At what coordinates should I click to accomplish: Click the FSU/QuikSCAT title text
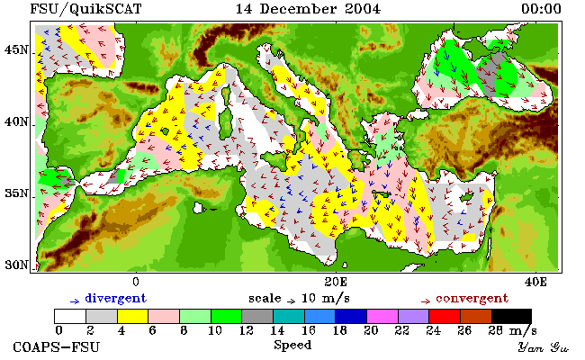pos(85,9)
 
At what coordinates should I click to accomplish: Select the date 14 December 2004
pos(308,9)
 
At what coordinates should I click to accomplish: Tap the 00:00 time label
pos(541,9)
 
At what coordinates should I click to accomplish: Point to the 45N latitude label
pos(16,49)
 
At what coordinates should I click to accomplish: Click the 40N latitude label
pos(16,121)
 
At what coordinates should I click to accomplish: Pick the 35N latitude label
pos(16,193)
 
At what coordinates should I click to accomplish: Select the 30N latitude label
pos(16,265)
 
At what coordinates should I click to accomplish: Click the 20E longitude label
pos(336,282)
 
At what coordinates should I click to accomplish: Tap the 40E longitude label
pos(535,282)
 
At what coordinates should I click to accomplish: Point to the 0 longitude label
pos(136,282)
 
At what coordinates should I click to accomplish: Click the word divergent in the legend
pos(116,299)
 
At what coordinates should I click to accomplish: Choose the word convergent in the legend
pos(472,299)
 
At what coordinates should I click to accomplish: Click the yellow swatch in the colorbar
pos(133,316)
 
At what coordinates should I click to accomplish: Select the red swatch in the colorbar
pos(445,316)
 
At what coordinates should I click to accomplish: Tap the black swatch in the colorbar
pos(511,316)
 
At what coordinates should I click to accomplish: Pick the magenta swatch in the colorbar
pos(382,316)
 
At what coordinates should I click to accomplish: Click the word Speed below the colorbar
pos(292,345)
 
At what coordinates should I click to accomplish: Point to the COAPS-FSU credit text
pos(57,346)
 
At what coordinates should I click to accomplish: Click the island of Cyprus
pos(465,197)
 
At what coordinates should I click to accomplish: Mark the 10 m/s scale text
pos(325,299)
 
